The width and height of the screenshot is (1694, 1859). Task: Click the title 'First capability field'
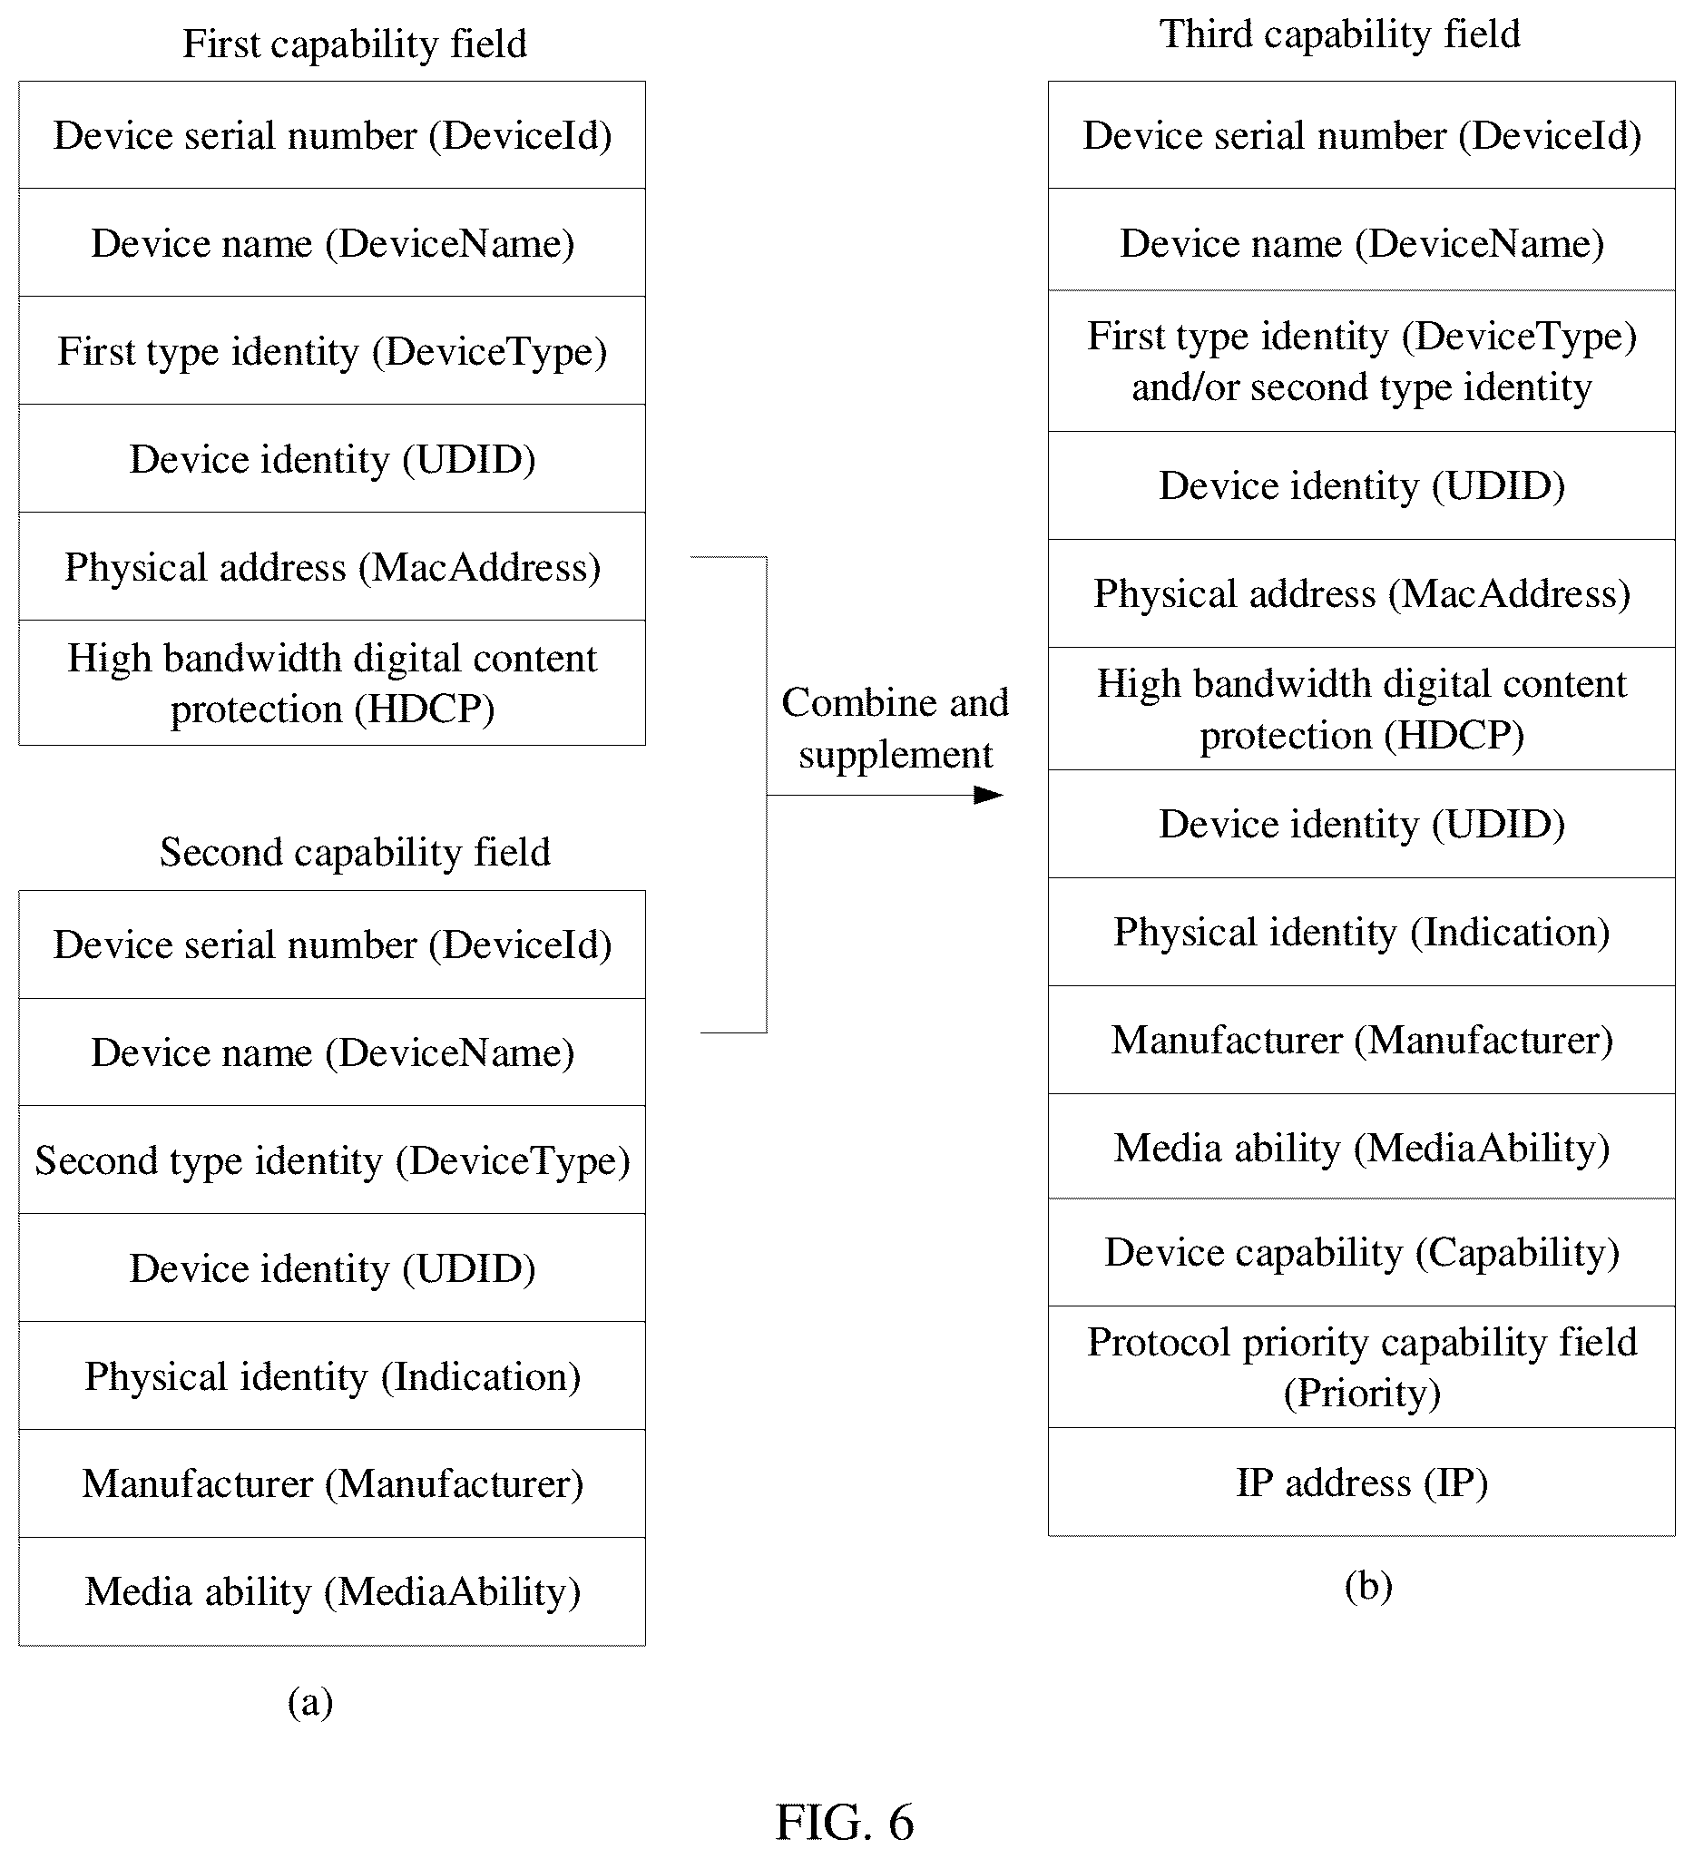point(354,44)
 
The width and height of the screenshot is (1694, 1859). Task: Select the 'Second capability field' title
point(354,852)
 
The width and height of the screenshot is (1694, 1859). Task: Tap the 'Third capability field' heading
point(1339,34)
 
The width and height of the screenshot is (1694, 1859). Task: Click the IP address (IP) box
point(1361,1482)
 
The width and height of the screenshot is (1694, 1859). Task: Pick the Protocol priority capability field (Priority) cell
point(1361,1366)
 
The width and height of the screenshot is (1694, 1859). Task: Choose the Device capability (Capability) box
point(1361,1252)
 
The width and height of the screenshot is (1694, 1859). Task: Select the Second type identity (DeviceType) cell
point(332,1160)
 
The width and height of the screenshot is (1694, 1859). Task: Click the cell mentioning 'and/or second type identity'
point(1361,361)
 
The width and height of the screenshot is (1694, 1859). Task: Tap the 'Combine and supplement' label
point(895,729)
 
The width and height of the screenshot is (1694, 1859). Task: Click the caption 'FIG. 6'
point(845,1822)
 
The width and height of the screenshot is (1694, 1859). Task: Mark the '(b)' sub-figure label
point(1368,1586)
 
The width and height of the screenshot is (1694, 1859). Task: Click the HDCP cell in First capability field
point(332,682)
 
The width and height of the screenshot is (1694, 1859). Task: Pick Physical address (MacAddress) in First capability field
point(332,566)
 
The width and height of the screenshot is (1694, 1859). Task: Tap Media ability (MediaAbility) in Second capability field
point(332,1591)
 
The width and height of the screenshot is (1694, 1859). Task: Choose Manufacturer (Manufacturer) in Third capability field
point(1361,1040)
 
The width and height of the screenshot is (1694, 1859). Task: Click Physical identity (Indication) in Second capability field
point(332,1375)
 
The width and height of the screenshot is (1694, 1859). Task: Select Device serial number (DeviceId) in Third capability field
point(1361,135)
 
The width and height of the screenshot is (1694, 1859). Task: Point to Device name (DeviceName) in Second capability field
point(332,1052)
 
